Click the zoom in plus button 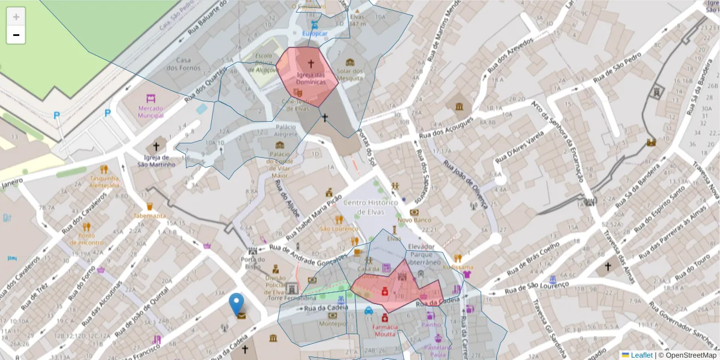pyautogui.click(x=16, y=16)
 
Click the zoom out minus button pyautogui.click(x=16, y=35)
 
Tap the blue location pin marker pyautogui.click(x=237, y=304)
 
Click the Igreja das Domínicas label pyautogui.click(x=311, y=78)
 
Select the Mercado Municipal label pyautogui.click(x=151, y=111)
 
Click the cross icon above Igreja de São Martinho pyautogui.click(x=157, y=146)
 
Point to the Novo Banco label pyautogui.click(x=415, y=220)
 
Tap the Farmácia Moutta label pyautogui.click(x=385, y=330)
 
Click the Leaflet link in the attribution pyautogui.click(x=641, y=355)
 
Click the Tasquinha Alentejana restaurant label pyautogui.click(x=104, y=182)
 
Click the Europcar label pyautogui.click(x=315, y=34)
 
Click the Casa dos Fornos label pyautogui.click(x=184, y=64)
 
